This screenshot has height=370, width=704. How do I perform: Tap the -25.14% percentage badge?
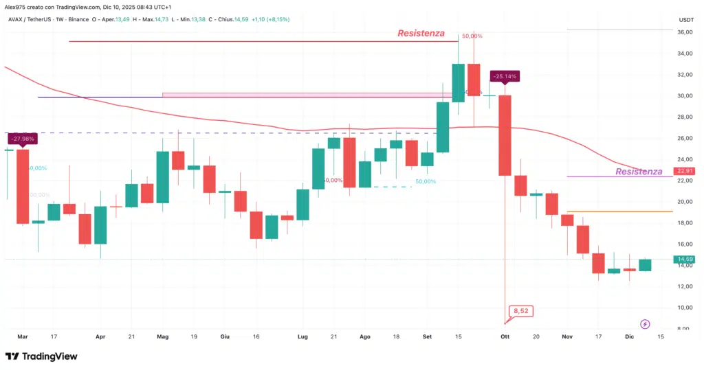(x=505, y=76)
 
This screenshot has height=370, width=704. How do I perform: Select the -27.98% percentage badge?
(x=23, y=139)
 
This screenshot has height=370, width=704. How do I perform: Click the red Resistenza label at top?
(x=420, y=33)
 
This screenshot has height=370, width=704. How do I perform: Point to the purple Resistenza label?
(x=639, y=172)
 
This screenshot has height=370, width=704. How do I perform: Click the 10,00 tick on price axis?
(x=685, y=308)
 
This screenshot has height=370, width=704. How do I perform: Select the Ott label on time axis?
(x=505, y=337)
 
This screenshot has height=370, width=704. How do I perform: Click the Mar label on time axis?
(x=23, y=337)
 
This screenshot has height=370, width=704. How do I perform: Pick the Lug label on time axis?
(x=302, y=337)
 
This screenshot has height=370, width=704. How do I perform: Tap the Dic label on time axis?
(x=630, y=337)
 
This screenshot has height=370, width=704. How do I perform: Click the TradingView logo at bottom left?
(x=41, y=356)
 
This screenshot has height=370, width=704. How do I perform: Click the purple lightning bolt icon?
(x=645, y=324)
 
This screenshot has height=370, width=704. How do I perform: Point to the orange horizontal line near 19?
(x=619, y=211)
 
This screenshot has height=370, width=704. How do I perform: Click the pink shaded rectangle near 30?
(x=309, y=95)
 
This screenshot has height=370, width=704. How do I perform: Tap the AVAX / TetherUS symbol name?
(x=31, y=19)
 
